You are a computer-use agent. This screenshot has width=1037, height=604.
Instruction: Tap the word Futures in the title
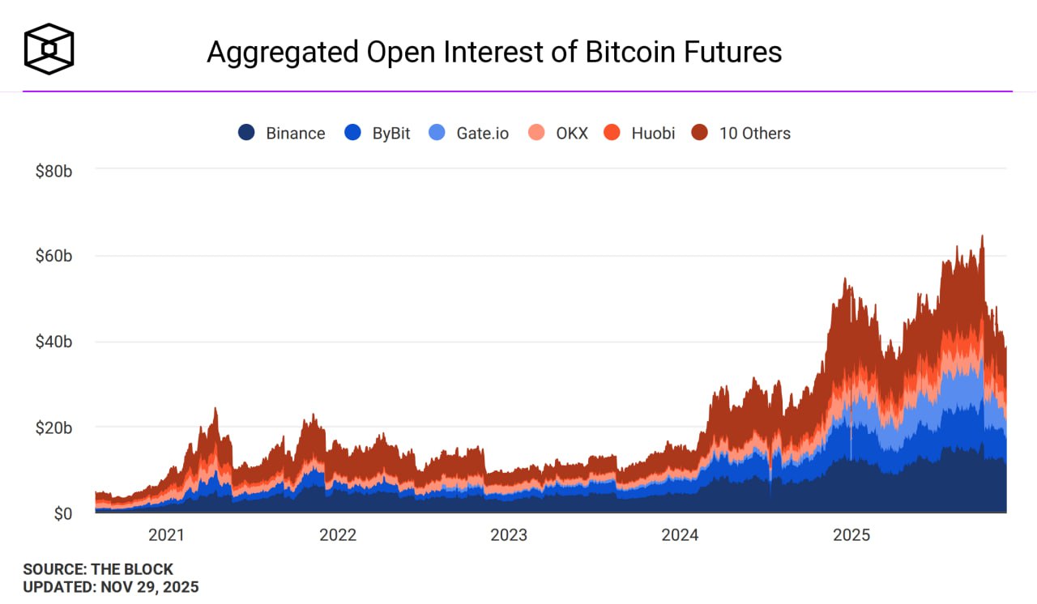pyautogui.click(x=738, y=52)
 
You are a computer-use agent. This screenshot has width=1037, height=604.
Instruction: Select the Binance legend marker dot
pyautogui.click(x=246, y=133)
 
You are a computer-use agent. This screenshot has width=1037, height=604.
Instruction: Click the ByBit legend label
pyautogui.click(x=391, y=134)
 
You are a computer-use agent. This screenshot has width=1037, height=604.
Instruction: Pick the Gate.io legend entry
pyautogui.click(x=482, y=134)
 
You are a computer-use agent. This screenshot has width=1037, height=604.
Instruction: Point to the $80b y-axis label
pyautogui.click(x=53, y=171)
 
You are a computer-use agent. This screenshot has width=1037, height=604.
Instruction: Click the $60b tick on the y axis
pyautogui.click(x=53, y=257)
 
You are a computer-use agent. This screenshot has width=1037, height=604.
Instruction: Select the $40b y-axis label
pyautogui.click(x=53, y=342)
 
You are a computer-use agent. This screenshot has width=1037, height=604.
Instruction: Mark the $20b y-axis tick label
pyautogui.click(x=53, y=427)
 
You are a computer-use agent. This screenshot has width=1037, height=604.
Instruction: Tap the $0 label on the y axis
pyautogui.click(x=62, y=514)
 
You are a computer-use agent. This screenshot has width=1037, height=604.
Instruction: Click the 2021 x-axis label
pyautogui.click(x=166, y=535)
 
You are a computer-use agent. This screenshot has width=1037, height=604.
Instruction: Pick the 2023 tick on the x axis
pyautogui.click(x=509, y=535)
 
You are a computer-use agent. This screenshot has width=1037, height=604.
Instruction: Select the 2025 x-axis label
pyautogui.click(x=851, y=535)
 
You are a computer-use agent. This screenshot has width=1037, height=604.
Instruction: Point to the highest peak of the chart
pyautogui.click(x=983, y=236)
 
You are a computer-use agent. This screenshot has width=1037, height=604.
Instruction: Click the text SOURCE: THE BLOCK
pyautogui.click(x=98, y=569)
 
